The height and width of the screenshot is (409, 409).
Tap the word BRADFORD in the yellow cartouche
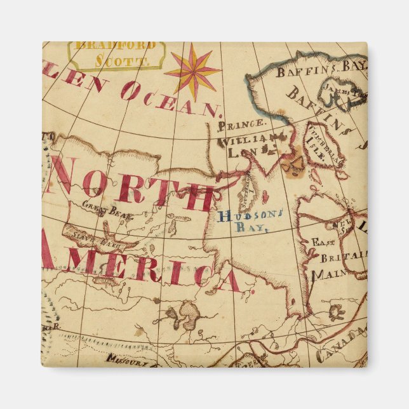point(115,46)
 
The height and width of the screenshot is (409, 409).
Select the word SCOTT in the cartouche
point(122,62)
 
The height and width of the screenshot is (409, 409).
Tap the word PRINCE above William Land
point(241,124)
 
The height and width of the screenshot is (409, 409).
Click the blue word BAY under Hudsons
point(253,228)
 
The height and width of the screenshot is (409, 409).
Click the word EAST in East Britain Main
point(322,242)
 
